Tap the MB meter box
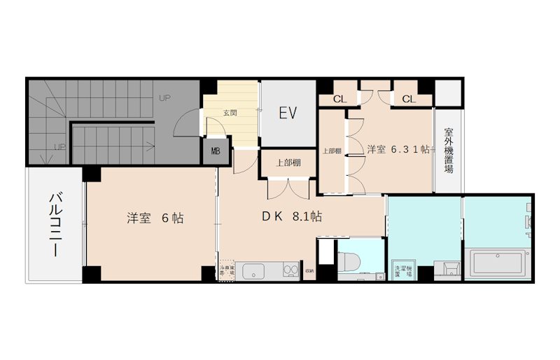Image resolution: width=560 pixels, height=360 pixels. pos(215,151)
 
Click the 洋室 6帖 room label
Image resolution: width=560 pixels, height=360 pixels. pos(155,218)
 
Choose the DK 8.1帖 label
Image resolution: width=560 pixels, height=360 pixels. pos(292,217)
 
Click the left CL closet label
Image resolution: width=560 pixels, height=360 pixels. pos(339,99)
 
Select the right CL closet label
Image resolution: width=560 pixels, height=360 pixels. pos(409,99)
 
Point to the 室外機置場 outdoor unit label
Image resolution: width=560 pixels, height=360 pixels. pos(449,151)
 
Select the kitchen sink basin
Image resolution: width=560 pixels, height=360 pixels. pos(255,270)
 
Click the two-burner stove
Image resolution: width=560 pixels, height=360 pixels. pos(288,270)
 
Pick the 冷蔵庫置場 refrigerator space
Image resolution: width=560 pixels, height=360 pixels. pos(226,270)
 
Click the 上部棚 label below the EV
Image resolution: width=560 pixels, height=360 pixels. pos(288,162)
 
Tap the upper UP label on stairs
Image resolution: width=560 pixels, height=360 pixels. pos(165,97)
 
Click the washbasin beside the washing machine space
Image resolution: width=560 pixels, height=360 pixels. pos(447,268)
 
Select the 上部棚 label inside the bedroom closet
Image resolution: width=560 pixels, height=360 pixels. pos(332,150)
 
